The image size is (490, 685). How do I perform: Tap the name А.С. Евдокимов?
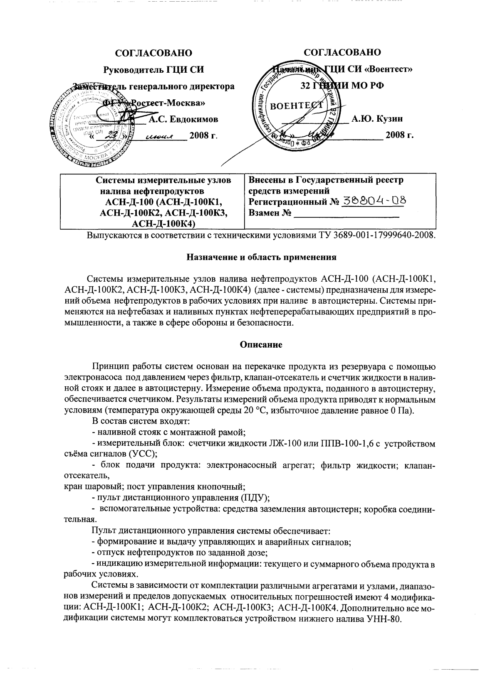coord(183,120)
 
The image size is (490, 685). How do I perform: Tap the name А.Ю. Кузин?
coord(377,119)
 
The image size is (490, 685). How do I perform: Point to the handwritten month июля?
coord(160,136)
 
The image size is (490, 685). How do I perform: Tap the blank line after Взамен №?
coord(346,215)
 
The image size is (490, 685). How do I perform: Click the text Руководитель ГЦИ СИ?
coord(153,69)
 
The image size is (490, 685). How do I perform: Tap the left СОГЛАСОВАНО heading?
coord(153,53)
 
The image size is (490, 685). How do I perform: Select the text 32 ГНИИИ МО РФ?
coord(342,86)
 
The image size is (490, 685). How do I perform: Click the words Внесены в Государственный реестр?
coord(326,180)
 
